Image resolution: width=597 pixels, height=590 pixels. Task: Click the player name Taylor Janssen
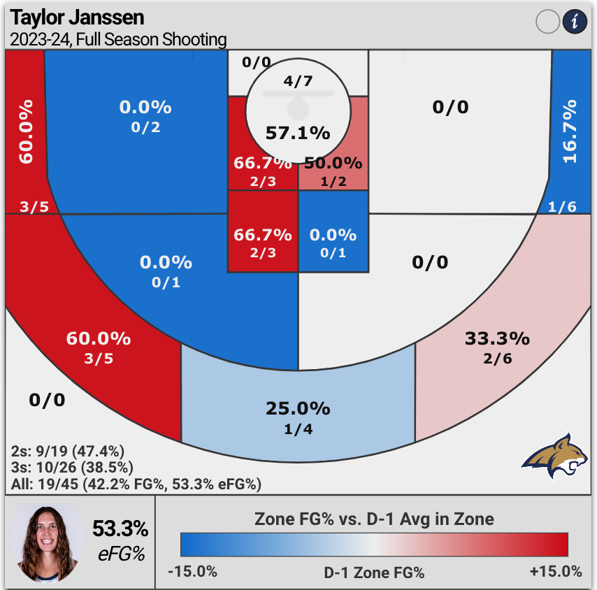[78, 17]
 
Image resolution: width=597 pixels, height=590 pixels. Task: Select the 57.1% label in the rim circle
[298, 132]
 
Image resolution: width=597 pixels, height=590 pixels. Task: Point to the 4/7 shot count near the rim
[298, 81]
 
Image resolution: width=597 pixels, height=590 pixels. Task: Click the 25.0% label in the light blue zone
[298, 408]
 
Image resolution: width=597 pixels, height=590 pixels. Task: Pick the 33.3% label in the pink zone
[497, 339]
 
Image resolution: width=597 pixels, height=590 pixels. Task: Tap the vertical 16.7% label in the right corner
[570, 131]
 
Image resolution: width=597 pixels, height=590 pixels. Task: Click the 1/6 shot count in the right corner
[563, 206]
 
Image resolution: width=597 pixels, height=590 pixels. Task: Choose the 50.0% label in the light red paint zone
[333, 164]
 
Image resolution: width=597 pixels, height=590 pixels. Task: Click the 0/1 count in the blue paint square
[333, 253]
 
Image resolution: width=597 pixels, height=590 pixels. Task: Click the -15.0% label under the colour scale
[192, 571]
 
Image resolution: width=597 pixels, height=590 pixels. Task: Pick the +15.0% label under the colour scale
[556, 571]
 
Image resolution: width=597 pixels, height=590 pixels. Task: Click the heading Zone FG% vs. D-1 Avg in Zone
[374, 519]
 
